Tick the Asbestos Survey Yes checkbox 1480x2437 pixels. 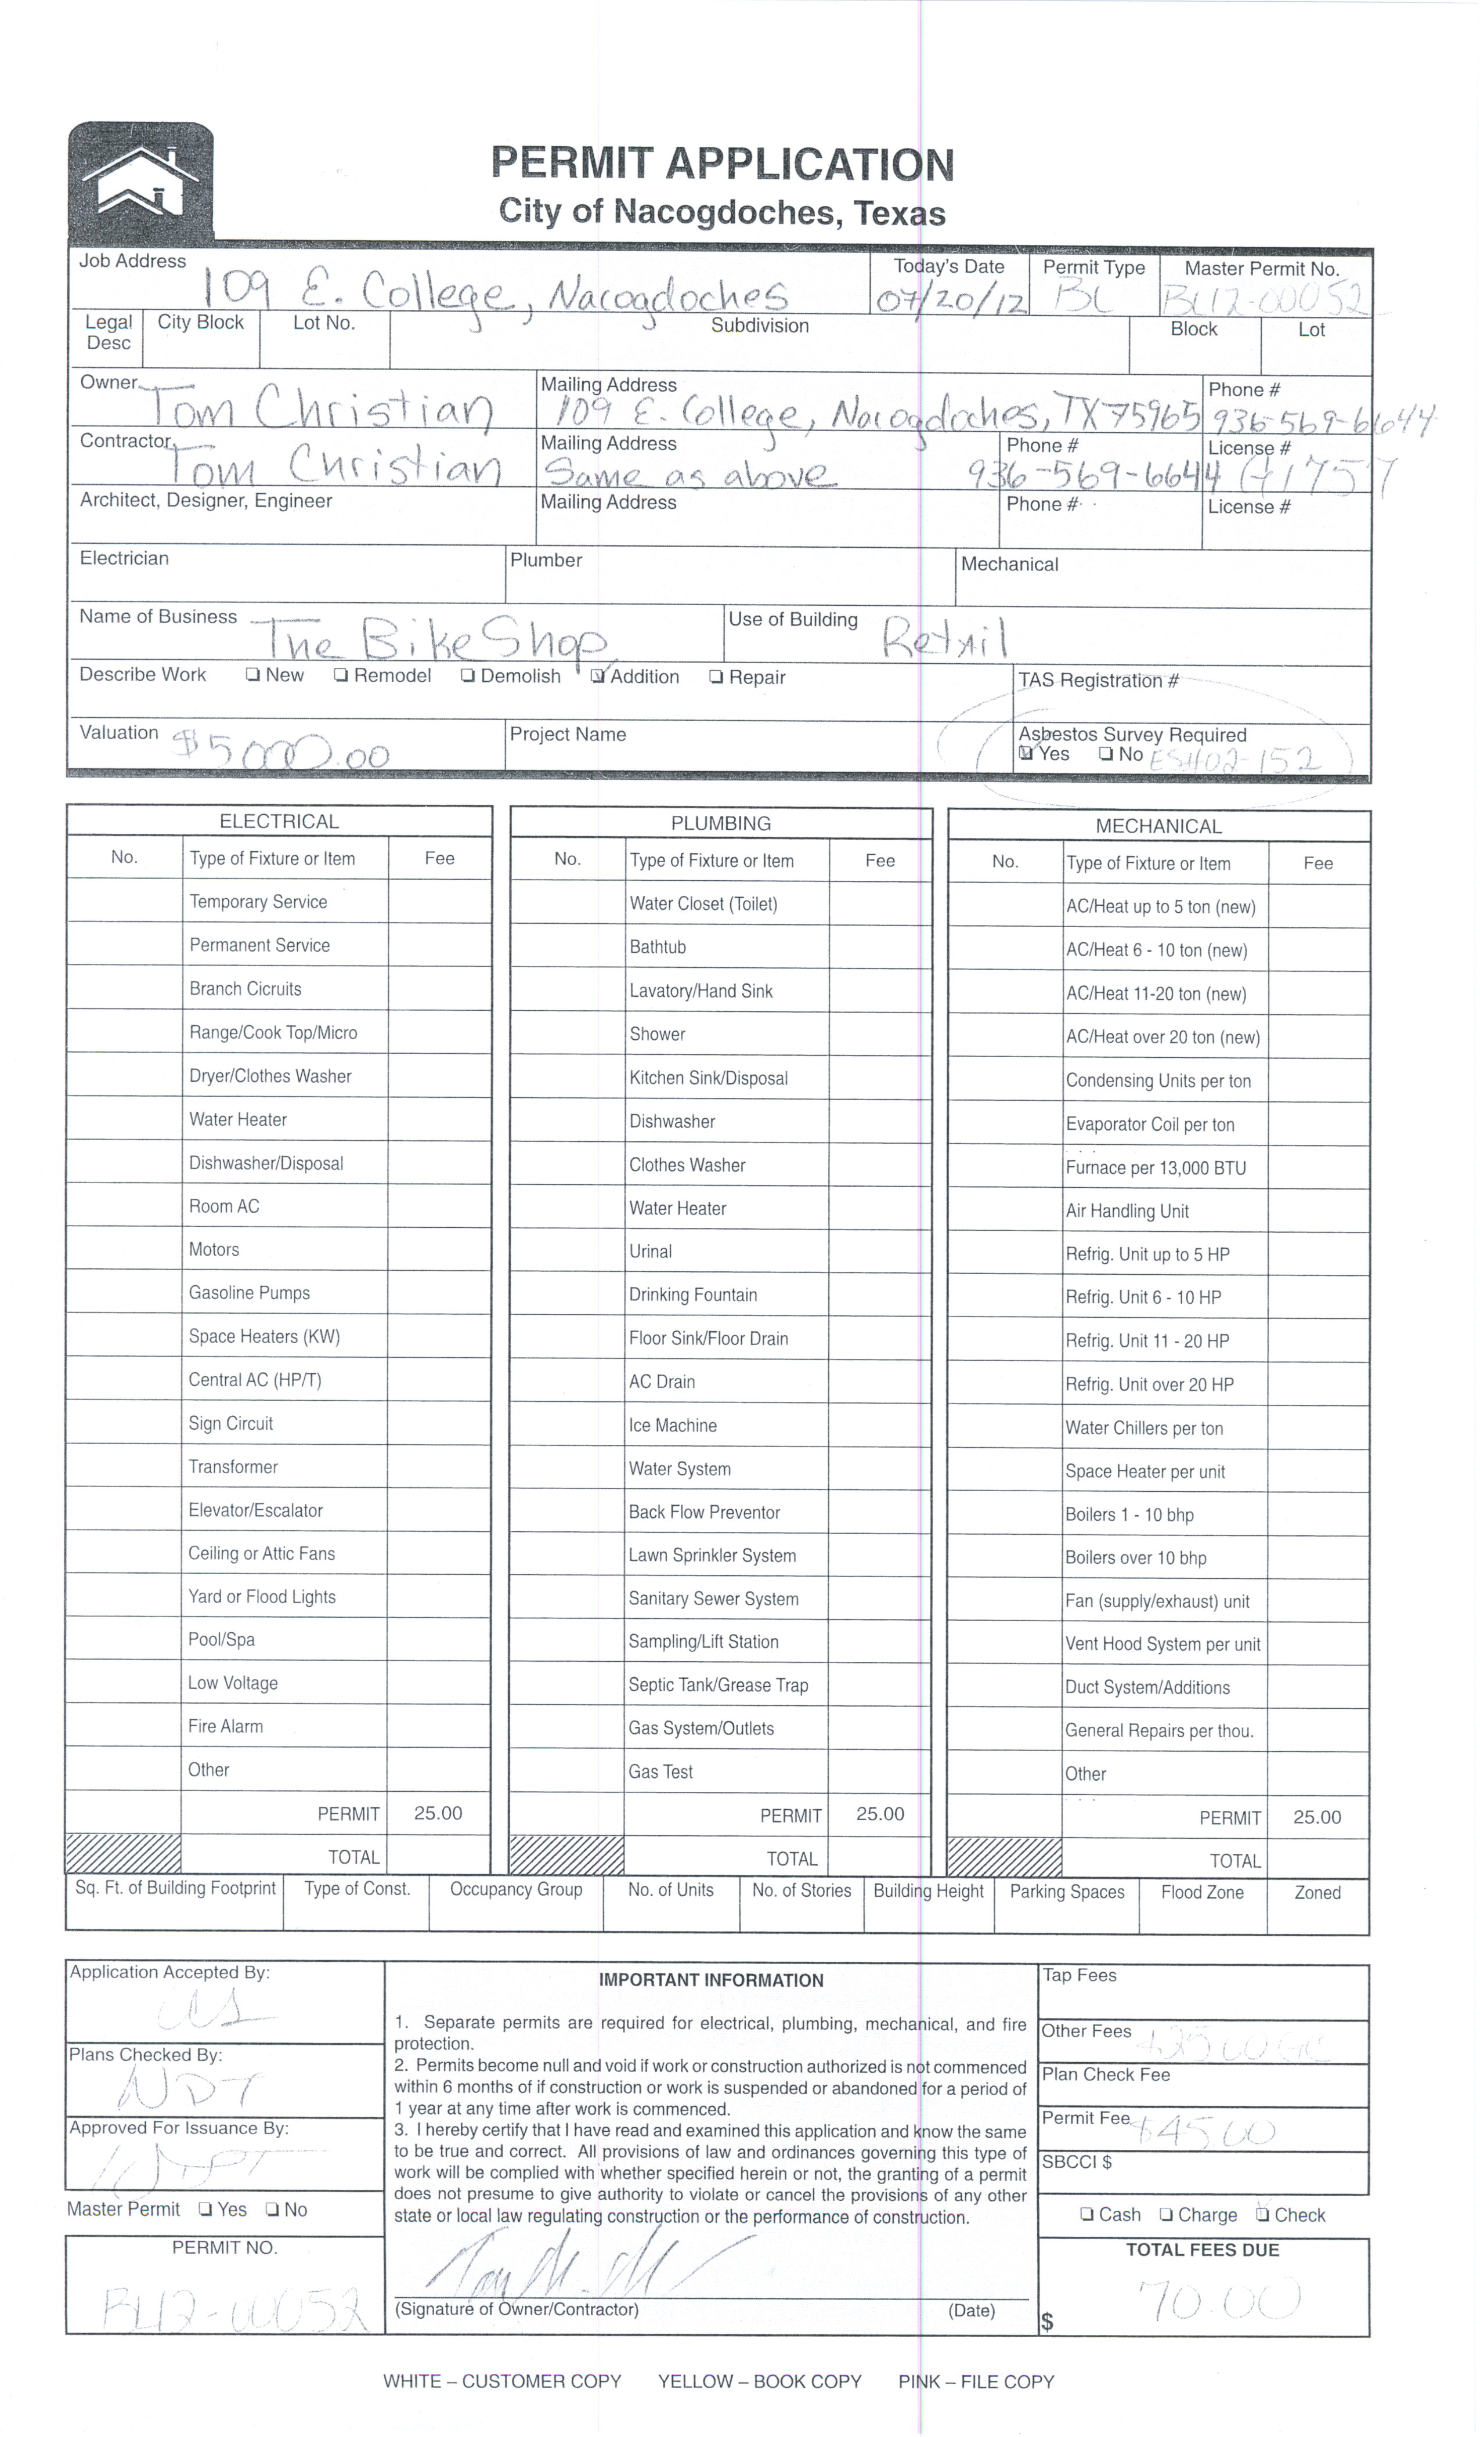pos(1026,754)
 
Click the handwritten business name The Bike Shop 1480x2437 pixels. pos(435,642)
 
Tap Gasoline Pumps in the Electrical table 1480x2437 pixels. pos(250,1293)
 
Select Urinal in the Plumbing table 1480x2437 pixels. pos(651,1251)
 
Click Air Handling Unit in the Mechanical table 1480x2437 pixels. pos(1127,1210)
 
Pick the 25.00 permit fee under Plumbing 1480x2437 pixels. pos(879,1814)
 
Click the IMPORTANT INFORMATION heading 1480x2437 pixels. pos(710,1980)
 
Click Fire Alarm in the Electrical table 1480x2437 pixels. pos(226,1726)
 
